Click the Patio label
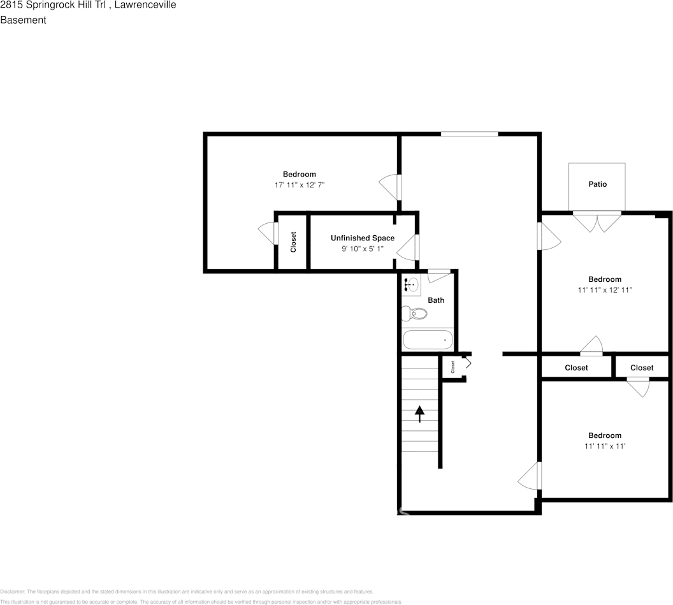pos(597,184)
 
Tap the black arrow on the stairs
pos(419,414)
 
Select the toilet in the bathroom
pos(416,314)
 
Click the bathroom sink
pos(411,285)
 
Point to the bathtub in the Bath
pos(428,340)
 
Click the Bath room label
pos(436,300)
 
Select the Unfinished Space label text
pos(362,238)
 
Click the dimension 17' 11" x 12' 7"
pos(299,185)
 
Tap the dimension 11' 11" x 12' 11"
pos(604,289)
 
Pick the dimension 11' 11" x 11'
pos(604,446)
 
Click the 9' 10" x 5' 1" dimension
pos(362,249)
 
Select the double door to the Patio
pos(597,221)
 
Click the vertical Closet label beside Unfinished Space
pos(294,242)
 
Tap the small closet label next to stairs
pos(453,367)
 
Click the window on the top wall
pos(469,134)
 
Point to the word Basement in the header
pos(23,20)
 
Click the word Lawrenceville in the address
pos(145,5)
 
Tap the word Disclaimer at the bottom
pos(11,592)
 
